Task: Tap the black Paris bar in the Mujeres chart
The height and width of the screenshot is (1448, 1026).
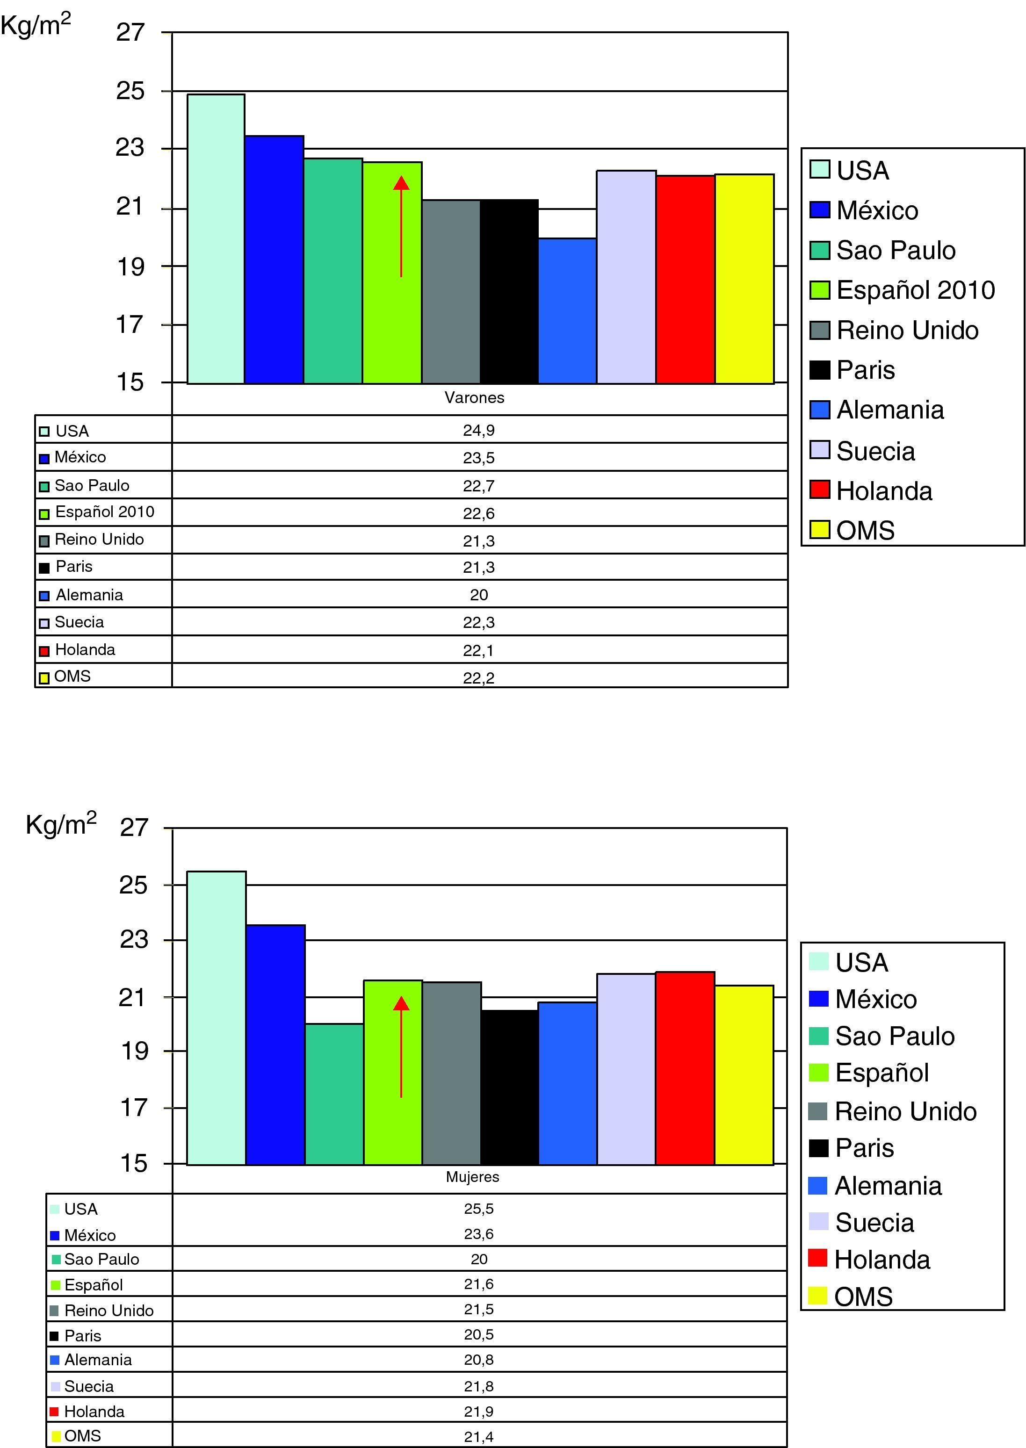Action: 510,1087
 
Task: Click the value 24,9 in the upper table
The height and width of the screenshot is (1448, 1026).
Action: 478,431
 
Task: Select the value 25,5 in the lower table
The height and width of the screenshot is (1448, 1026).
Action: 478,1209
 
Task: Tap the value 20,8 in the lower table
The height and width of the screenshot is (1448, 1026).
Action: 478,1360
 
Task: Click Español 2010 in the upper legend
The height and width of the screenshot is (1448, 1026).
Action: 915,290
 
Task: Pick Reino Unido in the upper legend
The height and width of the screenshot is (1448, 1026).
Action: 907,330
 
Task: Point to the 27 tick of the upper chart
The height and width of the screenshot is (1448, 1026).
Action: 131,32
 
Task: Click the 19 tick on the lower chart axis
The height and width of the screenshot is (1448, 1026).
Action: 134,1052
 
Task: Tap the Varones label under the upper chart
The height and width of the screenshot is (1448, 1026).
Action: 475,398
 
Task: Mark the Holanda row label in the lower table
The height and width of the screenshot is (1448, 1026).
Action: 94,1412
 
